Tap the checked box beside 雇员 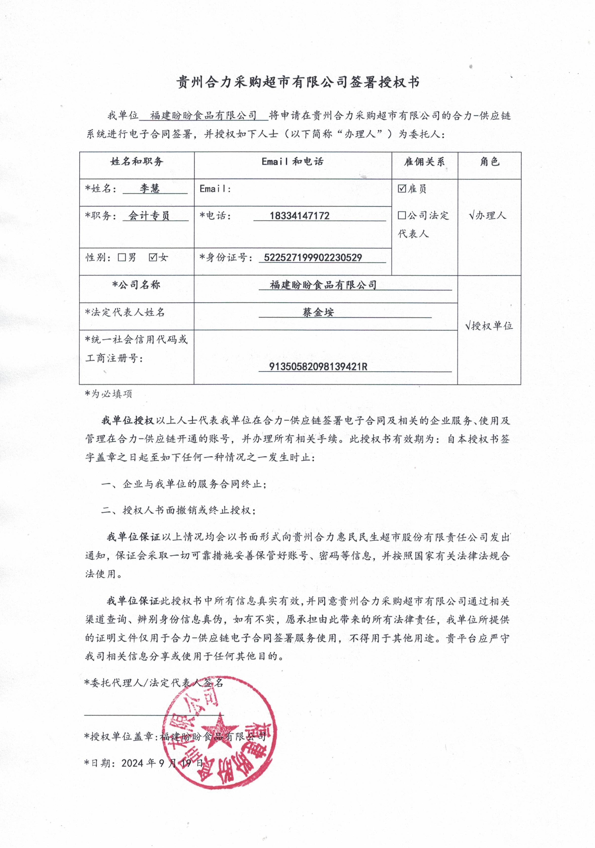click(x=402, y=189)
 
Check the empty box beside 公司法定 click(x=402, y=215)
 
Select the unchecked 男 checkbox click(x=122, y=257)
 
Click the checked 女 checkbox click(x=153, y=257)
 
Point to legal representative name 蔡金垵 click(x=318, y=312)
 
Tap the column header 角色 click(x=489, y=162)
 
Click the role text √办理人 click(x=487, y=215)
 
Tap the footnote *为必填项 click(x=108, y=394)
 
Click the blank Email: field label click(x=215, y=189)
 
